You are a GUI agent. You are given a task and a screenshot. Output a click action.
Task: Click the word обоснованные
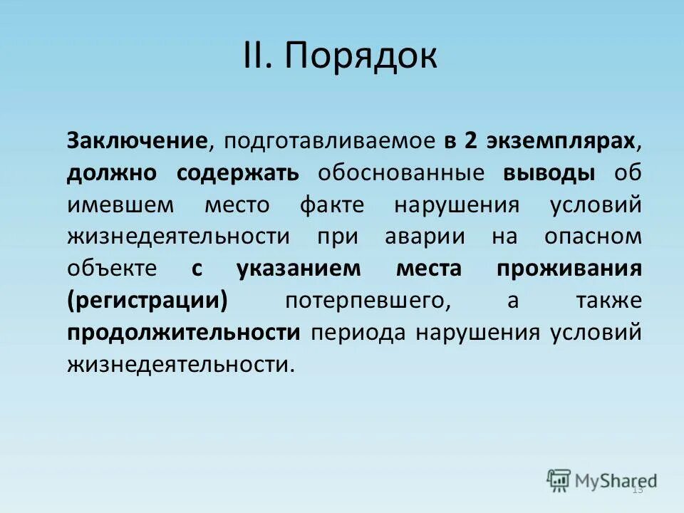[402, 172]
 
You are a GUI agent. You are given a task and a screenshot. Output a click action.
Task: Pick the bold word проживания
[569, 269]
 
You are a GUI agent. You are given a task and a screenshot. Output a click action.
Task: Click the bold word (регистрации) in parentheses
[148, 301]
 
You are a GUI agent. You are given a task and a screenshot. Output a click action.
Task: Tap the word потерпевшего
[368, 301]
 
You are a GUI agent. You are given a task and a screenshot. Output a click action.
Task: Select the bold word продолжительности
[184, 333]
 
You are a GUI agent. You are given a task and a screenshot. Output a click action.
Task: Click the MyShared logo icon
[559, 481]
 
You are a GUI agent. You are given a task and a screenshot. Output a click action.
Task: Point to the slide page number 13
[638, 489]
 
